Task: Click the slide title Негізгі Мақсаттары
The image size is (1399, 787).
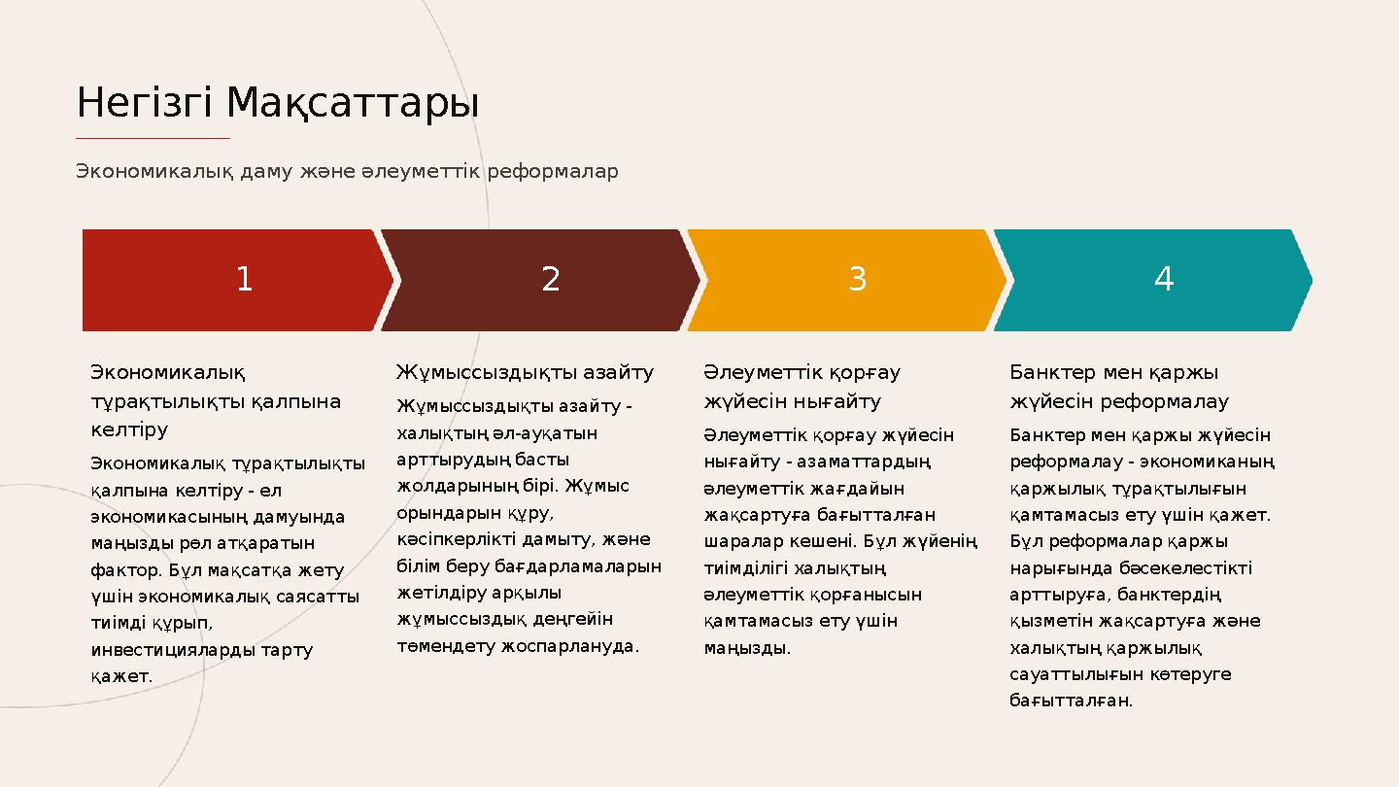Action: click(278, 103)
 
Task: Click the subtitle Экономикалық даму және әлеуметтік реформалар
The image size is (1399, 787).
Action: click(347, 172)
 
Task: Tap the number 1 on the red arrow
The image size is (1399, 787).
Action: click(244, 280)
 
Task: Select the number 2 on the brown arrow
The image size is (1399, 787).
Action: click(551, 280)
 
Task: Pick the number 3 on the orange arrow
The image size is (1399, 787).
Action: click(857, 280)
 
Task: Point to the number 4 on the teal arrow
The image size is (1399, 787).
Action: click(1164, 280)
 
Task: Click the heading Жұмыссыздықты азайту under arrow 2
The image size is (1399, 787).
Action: click(525, 372)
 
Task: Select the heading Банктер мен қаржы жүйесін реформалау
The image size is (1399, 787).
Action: click(1118, 387)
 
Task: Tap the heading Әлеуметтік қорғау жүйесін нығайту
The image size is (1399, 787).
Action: click(802, 387)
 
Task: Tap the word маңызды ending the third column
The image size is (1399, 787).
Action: click(746, 647)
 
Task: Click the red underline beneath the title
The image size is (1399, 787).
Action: click(153, 138)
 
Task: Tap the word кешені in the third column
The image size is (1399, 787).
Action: click(824, 541)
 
